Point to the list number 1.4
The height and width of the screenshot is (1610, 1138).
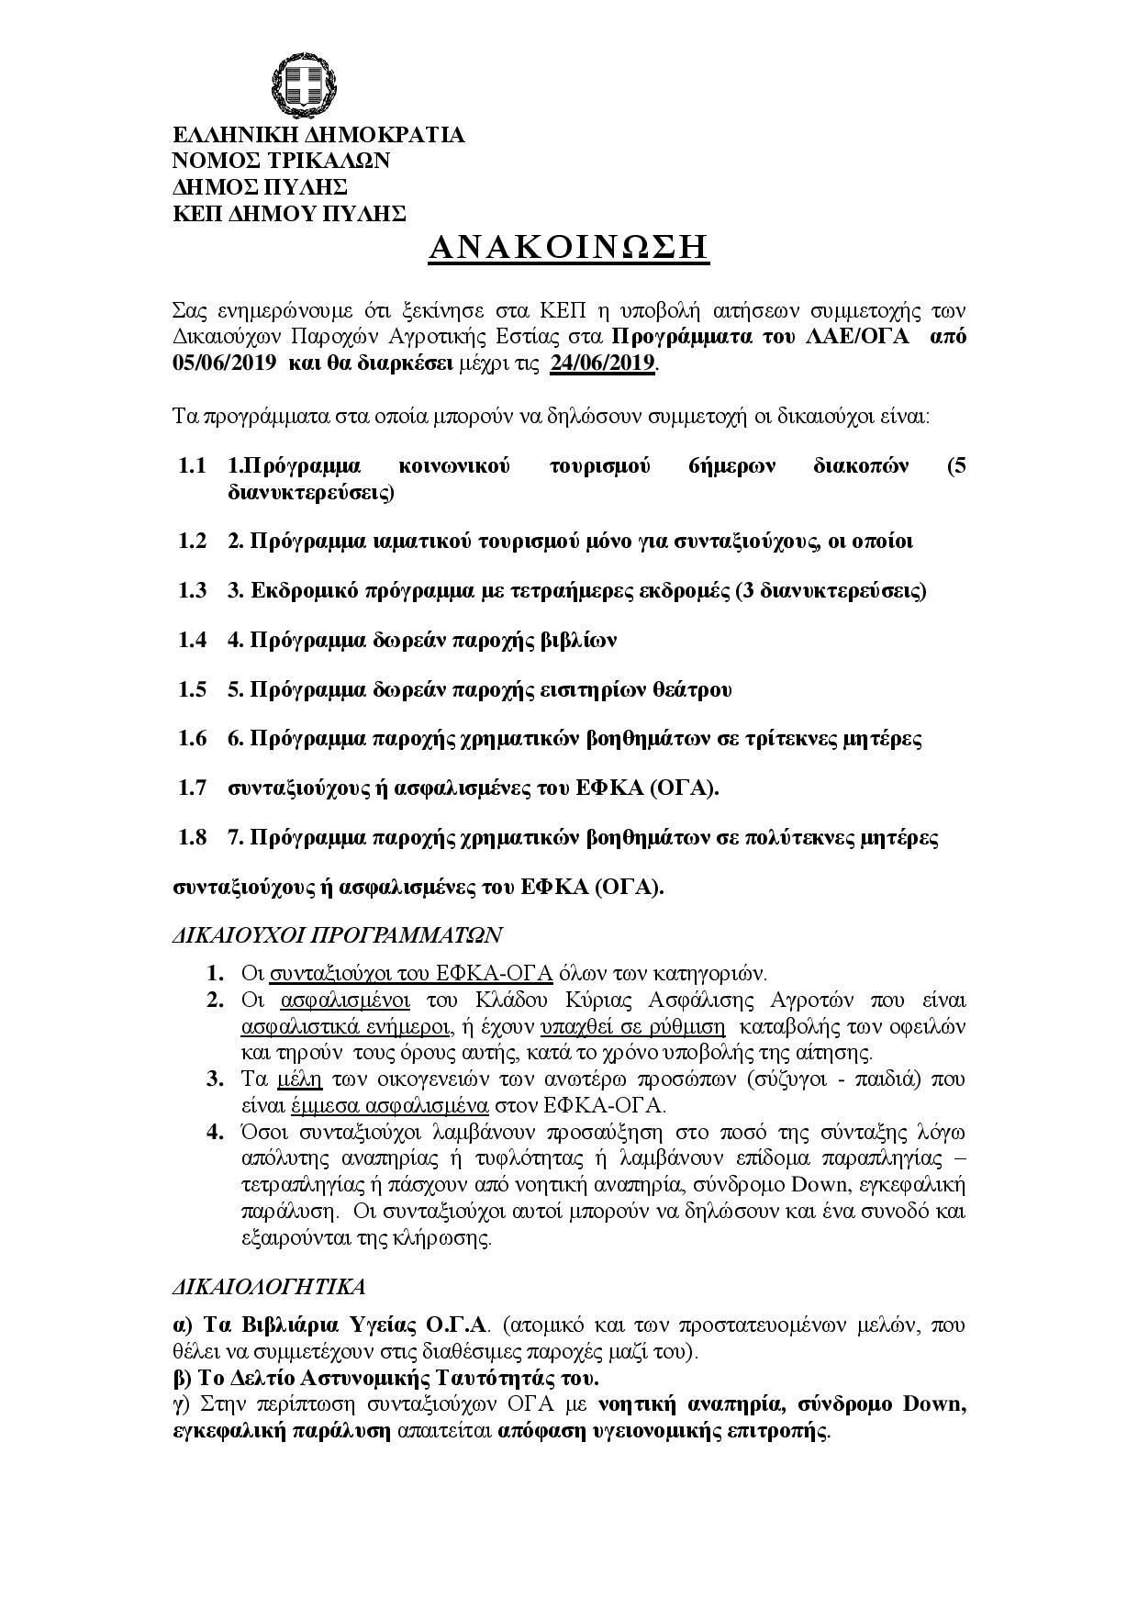pyautogui.click(x=193, y=640)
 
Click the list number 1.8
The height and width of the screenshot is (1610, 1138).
pyautogui.click(x=193, y=837)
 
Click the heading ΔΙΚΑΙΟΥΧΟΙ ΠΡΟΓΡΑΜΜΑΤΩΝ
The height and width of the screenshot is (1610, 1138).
pyautogui.click(x=338, y=934)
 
